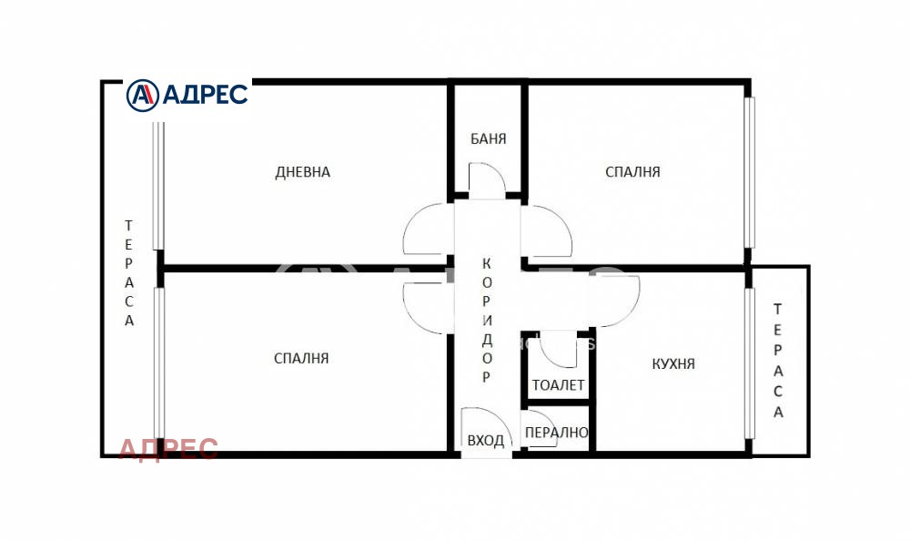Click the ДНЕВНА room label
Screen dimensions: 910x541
pyautogui.click(x=302, y=172)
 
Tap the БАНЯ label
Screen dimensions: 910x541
pyautogui.click(x=488, y=138)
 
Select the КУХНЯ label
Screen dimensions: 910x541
pyautogui.click(x=673, y=363)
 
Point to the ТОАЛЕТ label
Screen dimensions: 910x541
pyautogui.click(x=559, y=384)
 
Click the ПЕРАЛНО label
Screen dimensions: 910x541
pyautogui.click(x=556, y=433)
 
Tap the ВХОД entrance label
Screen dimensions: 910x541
pyautogui.click(x=486, y=441)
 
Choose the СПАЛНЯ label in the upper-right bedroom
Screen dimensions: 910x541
pyautogui.click(x=632, y=172)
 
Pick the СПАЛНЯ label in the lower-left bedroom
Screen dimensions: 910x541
pyautogui.click(x=301, y=359)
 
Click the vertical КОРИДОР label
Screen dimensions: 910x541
pyautogui.click(x=486, y=321)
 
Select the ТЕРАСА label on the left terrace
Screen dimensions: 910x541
pyautogui.click(x=129, y=272)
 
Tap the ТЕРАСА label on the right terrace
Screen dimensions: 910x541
pyautogui.click(x=778, y=361)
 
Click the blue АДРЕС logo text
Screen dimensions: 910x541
pyautogui.click(x=205, y=94)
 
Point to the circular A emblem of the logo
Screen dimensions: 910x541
pyautogui.click(x=142, y=96)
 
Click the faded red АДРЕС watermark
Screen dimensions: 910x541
pyautogui.click(x=168, y=449)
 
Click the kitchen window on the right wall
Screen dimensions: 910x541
pyautogui.click(x=749, y=362)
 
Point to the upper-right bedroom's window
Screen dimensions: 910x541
pyautogui.click(x=749, y=172)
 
